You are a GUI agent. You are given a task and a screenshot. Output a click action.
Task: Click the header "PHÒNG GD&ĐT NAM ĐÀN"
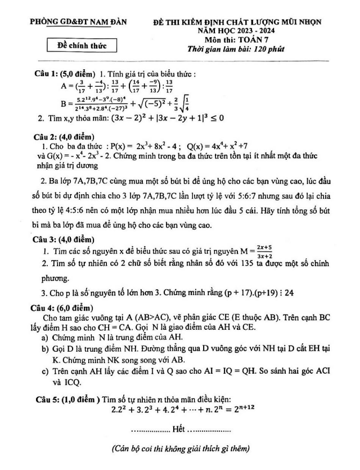pyautogui.click(x=79, y=22)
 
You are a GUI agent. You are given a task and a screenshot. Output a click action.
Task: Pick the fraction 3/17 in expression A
pyautogui.click(x=83, y=86)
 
